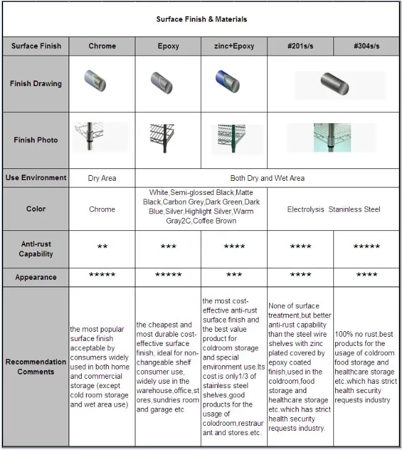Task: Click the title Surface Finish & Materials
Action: [x=201, y=19]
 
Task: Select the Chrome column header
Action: [x=102, y=46]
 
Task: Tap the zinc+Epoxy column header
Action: [x=234, y=46]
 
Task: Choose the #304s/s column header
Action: [x=367, y=46]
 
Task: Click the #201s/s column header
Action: [x=301, y=46]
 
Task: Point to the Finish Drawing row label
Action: [x=36, y=84]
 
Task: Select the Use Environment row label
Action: [x=36, y=178]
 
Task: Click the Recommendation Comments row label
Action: [x=36, y=366]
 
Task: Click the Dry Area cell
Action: [x=102, y=178]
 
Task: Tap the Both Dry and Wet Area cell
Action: [x=267, y=178]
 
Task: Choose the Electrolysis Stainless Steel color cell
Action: [x=333, y=209]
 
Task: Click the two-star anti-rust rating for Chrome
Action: [x=102, y=247]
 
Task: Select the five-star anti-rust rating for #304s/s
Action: [x=367, y=247]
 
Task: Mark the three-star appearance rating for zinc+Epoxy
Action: [x=234, y=275]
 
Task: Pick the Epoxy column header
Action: [x=168, y=46]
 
